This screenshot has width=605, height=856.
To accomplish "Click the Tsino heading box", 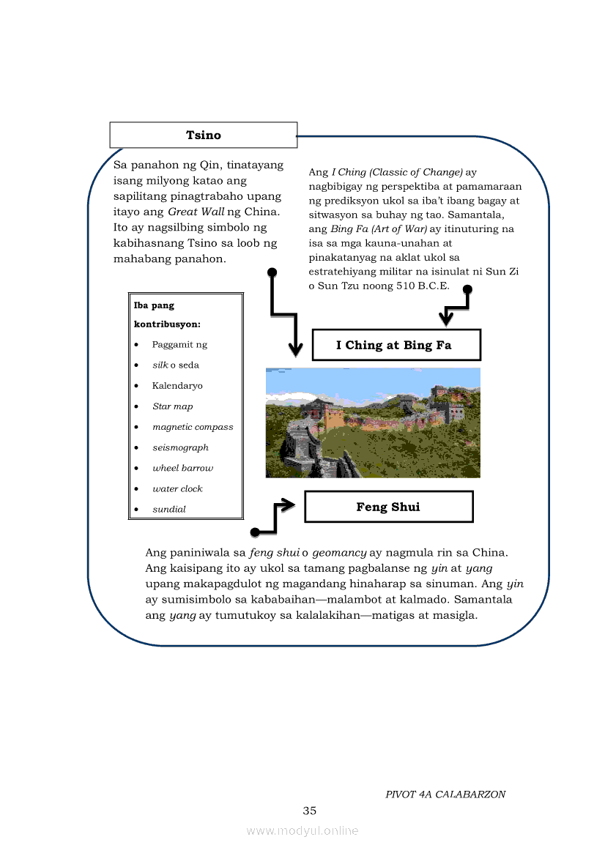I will [x=203, y=135].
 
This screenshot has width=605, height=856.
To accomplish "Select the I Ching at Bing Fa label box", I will [x=396, y=345].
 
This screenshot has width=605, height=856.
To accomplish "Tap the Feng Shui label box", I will [x=388, y=507].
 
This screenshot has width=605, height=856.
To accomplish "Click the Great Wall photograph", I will [x=373, y=423].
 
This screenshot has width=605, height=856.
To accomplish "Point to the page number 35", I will [x=310, y=811].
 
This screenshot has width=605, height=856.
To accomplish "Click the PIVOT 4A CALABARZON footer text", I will [x=445, y=794].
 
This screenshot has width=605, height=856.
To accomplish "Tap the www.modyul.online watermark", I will [x=302, y=830].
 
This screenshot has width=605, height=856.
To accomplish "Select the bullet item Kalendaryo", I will [x=177, y=386].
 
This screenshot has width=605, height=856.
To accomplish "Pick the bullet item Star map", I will [x=173, y=406].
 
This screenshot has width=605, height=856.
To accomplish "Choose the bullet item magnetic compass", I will [x=193, y=427].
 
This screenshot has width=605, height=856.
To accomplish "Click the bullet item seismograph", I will [x=180, y=447].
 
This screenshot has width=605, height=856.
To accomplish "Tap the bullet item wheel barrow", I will [x=182, y=468].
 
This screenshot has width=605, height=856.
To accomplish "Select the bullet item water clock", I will [x=177, y=488].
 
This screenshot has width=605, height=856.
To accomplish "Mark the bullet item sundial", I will [x=169, y=509].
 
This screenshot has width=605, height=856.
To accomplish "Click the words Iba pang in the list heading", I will [x=154, y=305].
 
